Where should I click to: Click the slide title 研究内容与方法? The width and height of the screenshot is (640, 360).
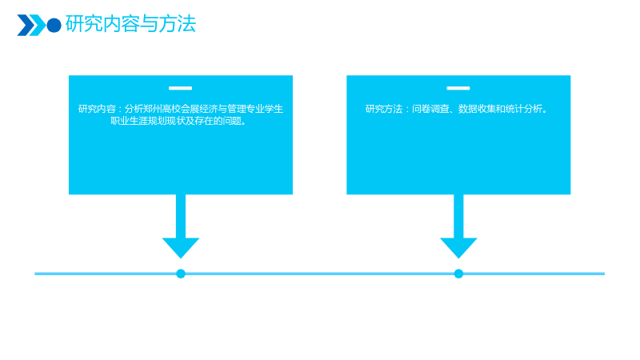130,24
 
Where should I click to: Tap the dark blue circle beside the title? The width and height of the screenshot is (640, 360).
54,26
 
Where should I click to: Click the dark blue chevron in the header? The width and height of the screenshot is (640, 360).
26,26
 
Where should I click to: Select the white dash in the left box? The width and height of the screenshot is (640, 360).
181,88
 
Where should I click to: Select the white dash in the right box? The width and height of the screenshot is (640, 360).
458,88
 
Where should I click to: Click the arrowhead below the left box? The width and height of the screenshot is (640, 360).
181,247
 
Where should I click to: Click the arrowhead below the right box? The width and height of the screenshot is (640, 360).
458,247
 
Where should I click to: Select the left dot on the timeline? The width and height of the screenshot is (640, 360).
181,274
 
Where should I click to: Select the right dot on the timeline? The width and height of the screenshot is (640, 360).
458,274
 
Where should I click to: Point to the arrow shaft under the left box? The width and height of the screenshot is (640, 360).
181,216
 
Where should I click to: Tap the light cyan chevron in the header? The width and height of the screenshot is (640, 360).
38,26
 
